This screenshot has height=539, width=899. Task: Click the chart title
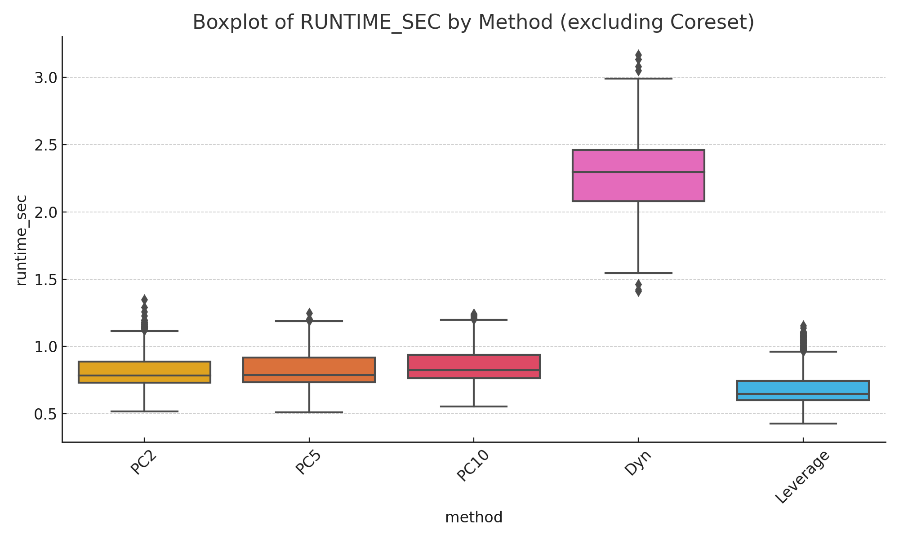click(x=473, y=22)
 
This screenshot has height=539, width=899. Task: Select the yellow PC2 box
click(x=144, y=372)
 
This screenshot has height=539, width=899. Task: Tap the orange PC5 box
click(x=309, y=370)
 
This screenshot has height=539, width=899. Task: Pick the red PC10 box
click(x=474, y=366)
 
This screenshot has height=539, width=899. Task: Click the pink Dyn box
click(x=638, y=175)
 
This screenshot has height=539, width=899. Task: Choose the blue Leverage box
click(x=803, y=390)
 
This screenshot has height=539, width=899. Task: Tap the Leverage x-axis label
click(x=802, y=477)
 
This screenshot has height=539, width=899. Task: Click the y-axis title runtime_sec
click(x=21, y=240)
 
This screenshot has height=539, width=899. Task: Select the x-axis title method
click(x=474, y=517)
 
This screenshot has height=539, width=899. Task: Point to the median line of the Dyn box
click(x=638, y=172)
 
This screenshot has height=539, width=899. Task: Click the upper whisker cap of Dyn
click(x=638, y=79)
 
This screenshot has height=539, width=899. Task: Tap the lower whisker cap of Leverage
click(x=803, y=424)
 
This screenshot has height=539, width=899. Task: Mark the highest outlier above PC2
click(x=144, y=299)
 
